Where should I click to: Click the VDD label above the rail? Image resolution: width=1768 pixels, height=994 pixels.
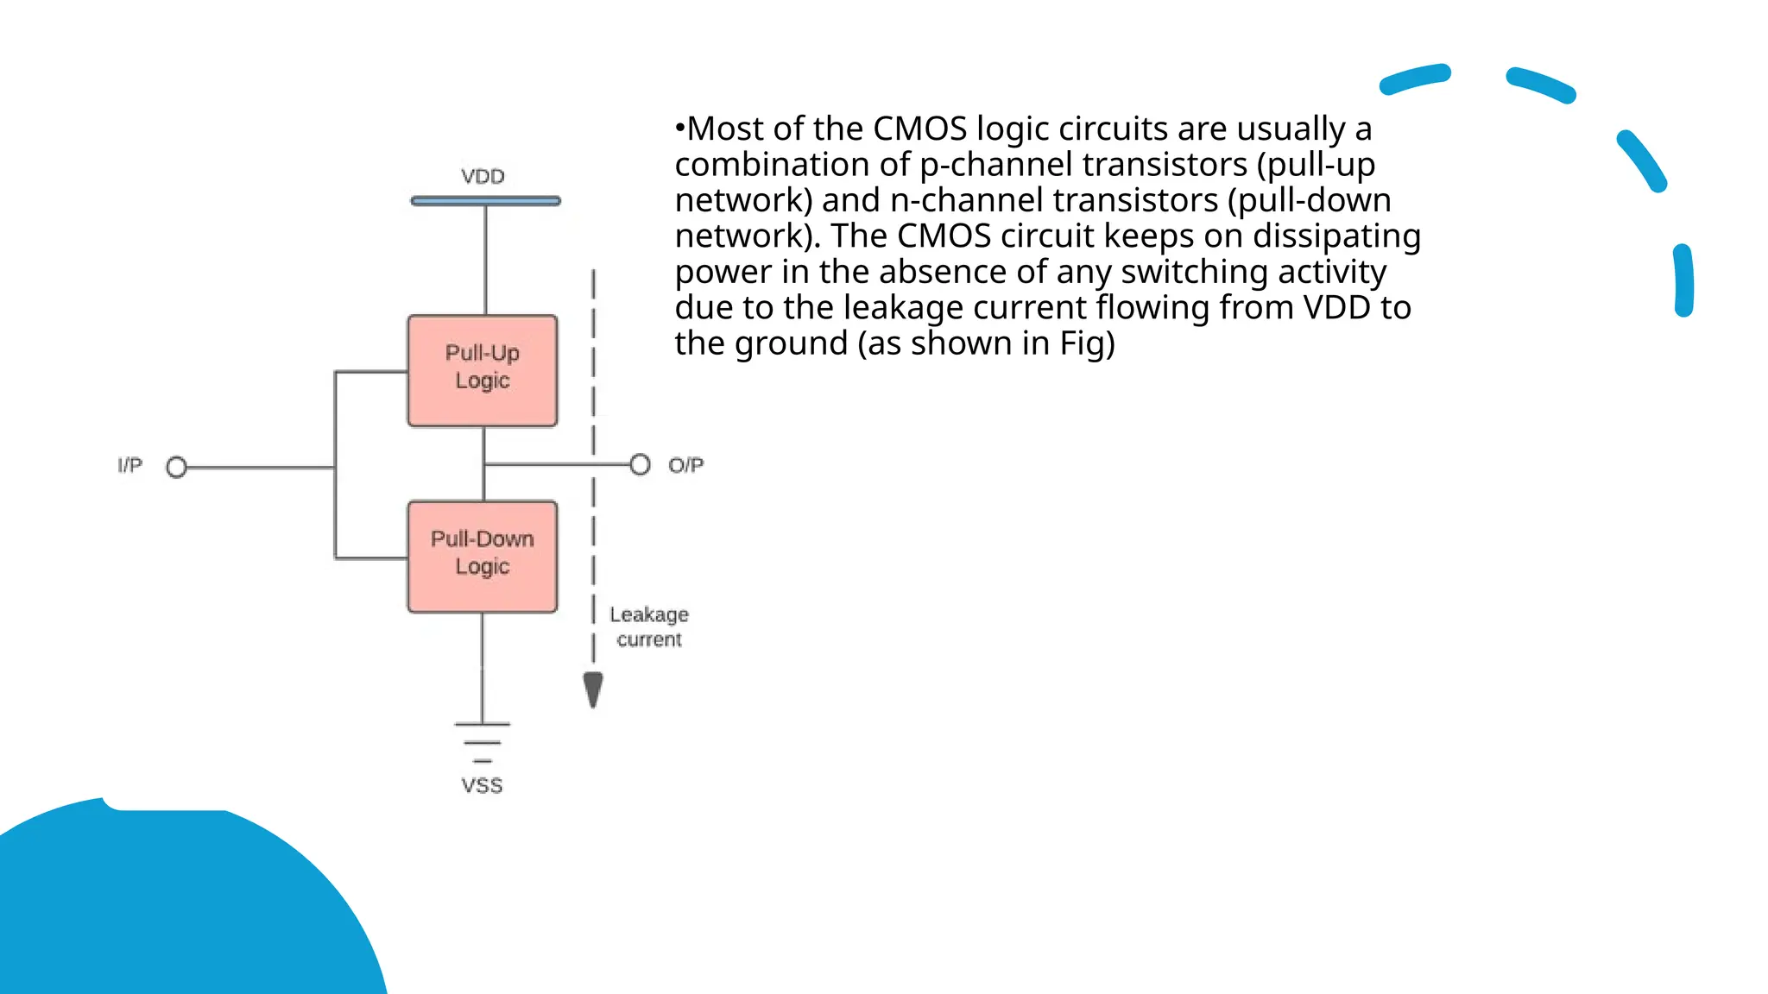point(483,177)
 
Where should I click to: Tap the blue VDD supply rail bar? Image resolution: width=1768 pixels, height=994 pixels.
point(485,201)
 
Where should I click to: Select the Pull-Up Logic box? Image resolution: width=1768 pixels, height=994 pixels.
point(483,371)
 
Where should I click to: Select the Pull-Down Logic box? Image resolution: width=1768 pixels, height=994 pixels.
point(483,557)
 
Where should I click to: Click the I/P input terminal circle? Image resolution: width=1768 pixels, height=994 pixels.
point(176,467)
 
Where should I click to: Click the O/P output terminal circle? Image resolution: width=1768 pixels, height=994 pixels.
point(640,465)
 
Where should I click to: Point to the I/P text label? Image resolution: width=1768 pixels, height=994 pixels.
point(130,466)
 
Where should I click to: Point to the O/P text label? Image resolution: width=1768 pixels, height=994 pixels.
point(686,466)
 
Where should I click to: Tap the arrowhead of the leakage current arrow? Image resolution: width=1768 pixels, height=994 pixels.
point(593,689)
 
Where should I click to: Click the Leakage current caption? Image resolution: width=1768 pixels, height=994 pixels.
point(649,626)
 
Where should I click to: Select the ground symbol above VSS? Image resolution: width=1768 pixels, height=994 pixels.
point(483,742)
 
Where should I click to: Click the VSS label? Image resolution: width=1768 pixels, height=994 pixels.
point(482,786)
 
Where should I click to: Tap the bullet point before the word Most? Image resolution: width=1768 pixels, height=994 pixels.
point(679,129)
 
